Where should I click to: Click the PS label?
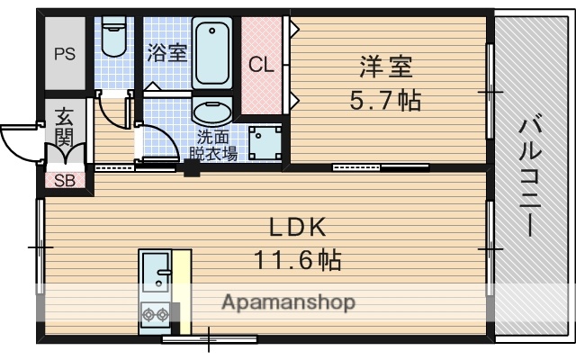[64, 52]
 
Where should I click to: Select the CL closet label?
[261, 65]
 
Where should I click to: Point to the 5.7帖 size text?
[385, 98]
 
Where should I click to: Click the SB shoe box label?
[65, 180]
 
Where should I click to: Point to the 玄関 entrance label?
[64, 128]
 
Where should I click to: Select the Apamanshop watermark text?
[288, 301]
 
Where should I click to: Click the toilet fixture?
[114, 36]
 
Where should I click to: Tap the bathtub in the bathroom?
[212, 52]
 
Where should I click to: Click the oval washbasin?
[212, 112]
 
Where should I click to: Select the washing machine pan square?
[264, 141]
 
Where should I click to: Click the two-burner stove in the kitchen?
[153, 315]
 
